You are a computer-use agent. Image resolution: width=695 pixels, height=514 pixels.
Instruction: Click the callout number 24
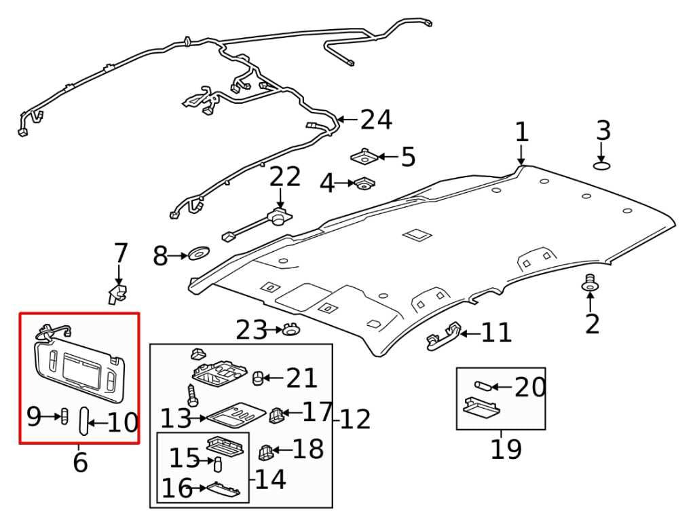[376, 120]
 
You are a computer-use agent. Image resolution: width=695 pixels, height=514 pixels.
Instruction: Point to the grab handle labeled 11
[443, 337]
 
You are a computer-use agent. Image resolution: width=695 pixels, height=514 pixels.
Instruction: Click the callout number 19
[506, 449]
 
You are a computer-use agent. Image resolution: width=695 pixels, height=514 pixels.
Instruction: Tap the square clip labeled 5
[364, 158]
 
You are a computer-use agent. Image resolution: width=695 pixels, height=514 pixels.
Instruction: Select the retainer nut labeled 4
[364, 183]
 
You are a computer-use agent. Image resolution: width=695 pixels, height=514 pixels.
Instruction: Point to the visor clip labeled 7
[117, 294]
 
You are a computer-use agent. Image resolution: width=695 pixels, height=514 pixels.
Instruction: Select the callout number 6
[80, 462]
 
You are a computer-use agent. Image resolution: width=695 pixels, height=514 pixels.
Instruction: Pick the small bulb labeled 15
[219, 464]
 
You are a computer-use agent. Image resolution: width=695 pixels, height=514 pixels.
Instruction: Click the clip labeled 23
[291, 331]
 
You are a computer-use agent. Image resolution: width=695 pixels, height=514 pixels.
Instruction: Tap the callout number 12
[356, 420]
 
